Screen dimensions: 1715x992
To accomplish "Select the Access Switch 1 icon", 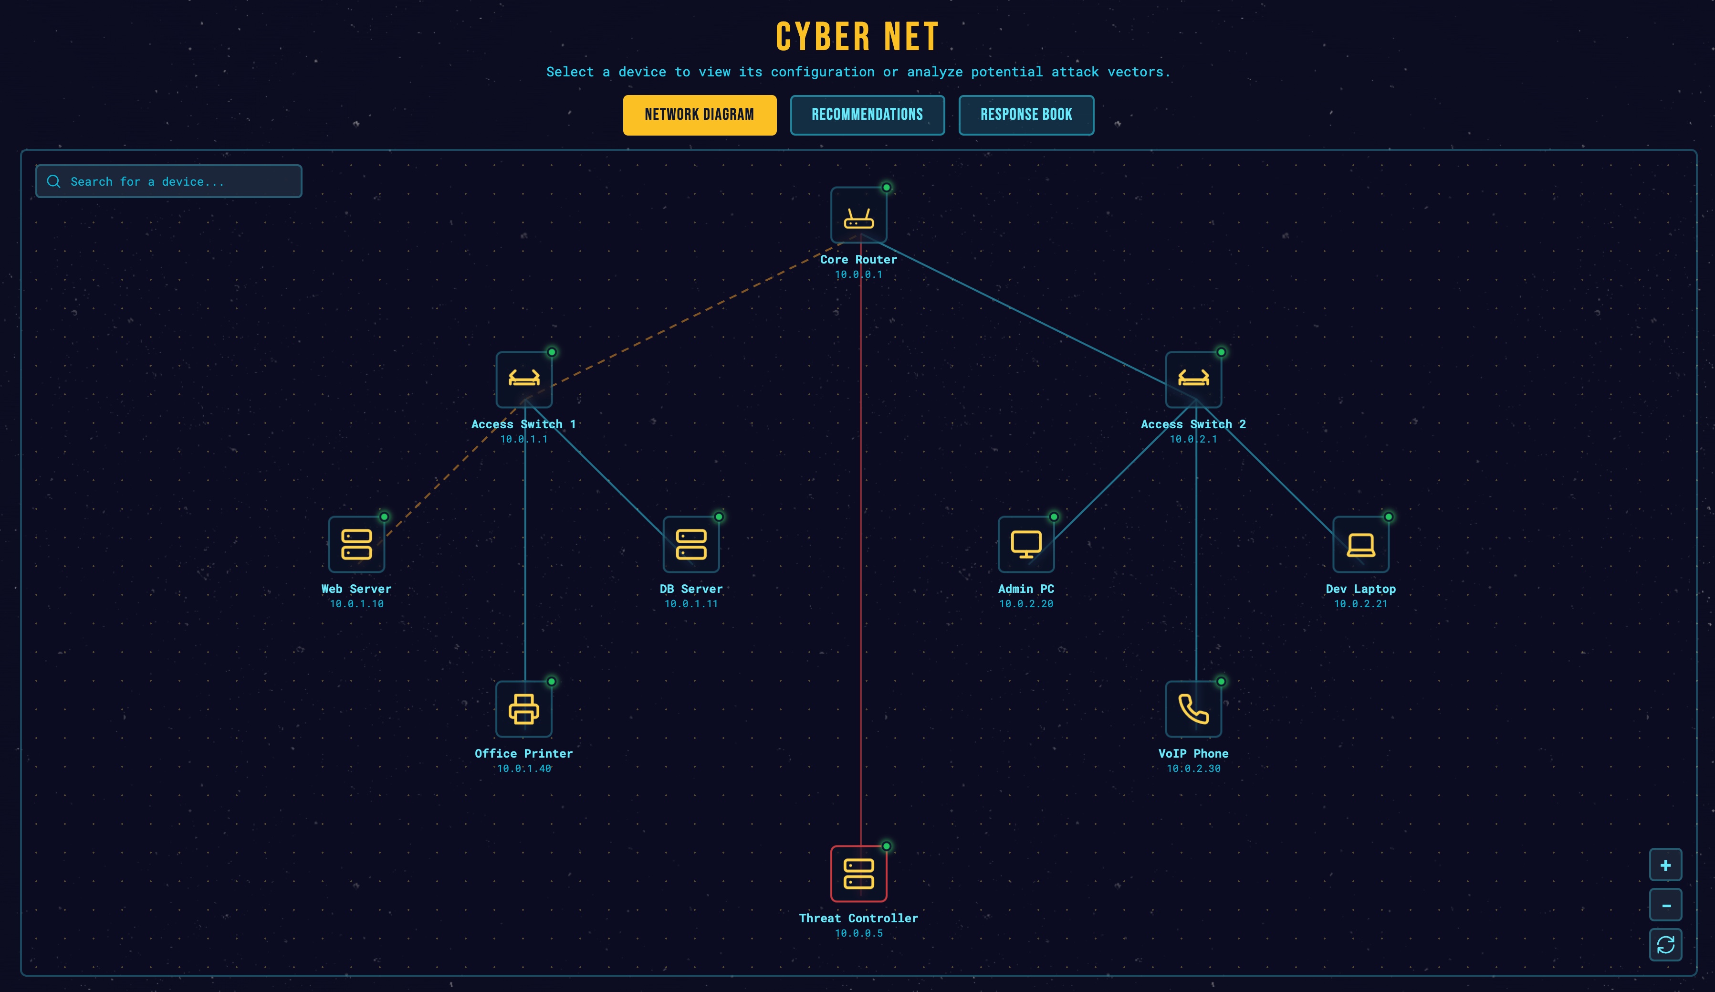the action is pyautogui.click(x=523, y=379).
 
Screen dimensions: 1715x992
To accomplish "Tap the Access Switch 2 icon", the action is pyautogui.click(x=1193, y=379).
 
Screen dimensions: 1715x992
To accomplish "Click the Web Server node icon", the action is pyautogui.click(x=356, y=544).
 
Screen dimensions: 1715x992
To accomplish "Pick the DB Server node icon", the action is pyautogui.click(x=691, y=544).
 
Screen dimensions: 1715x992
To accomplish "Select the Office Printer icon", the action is pyautogui.click(x=523, y=709).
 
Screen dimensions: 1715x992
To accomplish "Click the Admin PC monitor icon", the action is pyautogui.click(x=1025, y=544).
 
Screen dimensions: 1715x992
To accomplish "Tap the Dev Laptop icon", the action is pyautogui.click(x=1360, y=544).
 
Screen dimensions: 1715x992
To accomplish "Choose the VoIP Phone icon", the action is pyautogui.click(x=1193, y=709).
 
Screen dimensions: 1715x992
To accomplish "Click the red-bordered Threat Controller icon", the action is pyautogui.click(x=858, y=874).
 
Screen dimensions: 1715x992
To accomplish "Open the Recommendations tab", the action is pyautogui.click(x=867, y=115).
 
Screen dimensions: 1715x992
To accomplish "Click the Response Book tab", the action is pyautogui.click(x=1025, y=115).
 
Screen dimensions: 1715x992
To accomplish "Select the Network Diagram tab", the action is pyautogui.click(x=699, y=115).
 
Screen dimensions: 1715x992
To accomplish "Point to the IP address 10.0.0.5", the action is pyautogui.click(x=858, y=933).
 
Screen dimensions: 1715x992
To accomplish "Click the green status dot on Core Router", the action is pyautogui.click(x=886, y=187).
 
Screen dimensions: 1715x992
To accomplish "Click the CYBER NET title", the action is pyautogui.click(x=857, y=37).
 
